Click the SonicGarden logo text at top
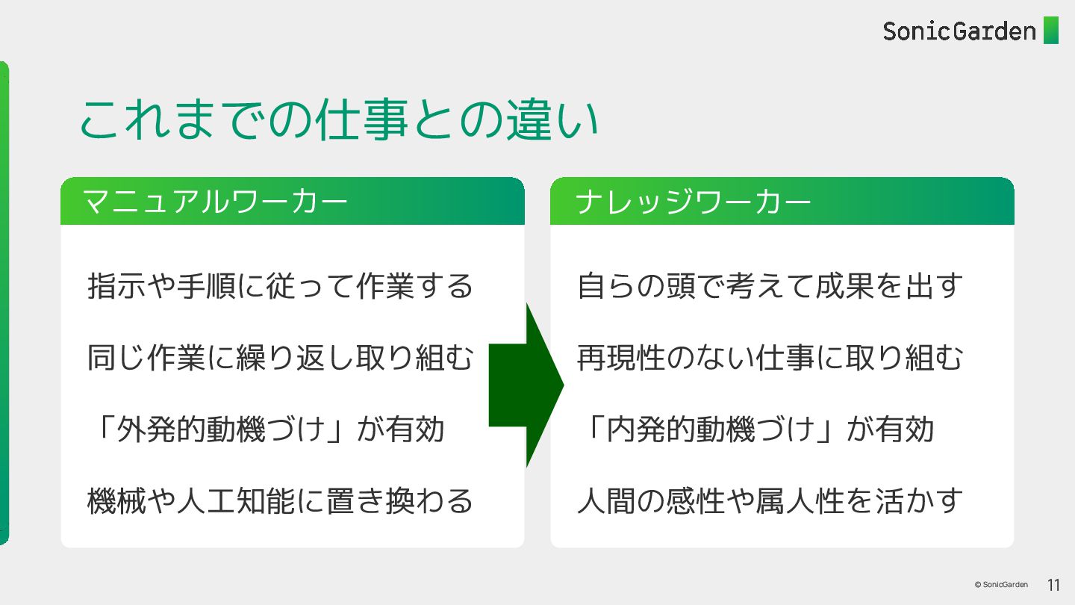(959, 31)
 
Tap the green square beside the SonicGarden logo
(1050, 31)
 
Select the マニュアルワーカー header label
(215, 202)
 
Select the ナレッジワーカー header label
(694, 202)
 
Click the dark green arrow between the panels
(527, 385)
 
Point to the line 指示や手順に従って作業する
(281, 286)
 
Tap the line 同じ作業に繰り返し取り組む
(281, 358)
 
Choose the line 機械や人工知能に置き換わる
(281, 500)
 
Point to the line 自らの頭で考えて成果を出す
(770, 286)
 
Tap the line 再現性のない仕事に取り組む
(770, 358)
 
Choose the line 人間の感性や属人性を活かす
(770, 500)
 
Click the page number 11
(1053, 585)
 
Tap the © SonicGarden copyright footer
(1000, 585)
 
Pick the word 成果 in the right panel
(839, 286)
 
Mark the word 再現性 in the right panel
(621, 358)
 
